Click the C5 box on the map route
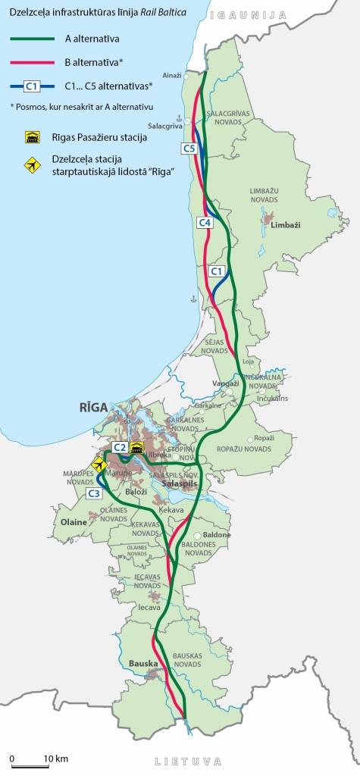(189, 149)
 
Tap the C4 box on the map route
(204, 222)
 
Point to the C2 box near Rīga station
(120, 448)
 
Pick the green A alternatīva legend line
(33, 38)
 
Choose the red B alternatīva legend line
(33, 62)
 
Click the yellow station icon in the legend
(32, 137)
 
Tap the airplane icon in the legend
(32, 164)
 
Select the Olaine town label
(74, 523)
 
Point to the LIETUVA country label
(187, 762)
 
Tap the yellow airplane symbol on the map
(98, 464)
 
